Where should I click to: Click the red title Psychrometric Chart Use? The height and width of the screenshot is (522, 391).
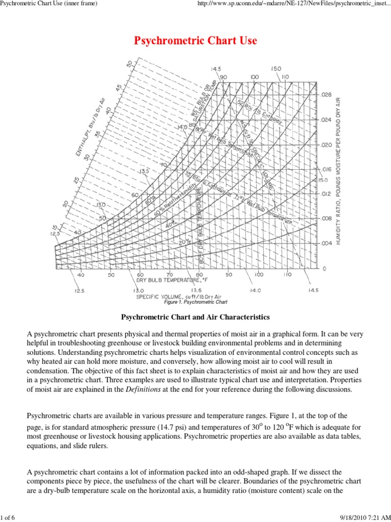coord(195,41)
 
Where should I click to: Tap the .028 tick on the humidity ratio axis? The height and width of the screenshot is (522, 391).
coord(327,95)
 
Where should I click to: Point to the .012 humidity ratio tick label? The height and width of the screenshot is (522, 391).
coord(327,194)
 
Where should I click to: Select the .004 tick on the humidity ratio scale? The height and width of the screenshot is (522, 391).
coord(327,243)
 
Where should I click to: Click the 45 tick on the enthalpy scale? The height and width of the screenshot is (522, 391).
coord(120,87)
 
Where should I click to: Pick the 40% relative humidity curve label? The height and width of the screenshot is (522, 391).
coord(171,223)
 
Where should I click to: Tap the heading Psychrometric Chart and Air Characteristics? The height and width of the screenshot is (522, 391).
coord(195,317)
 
